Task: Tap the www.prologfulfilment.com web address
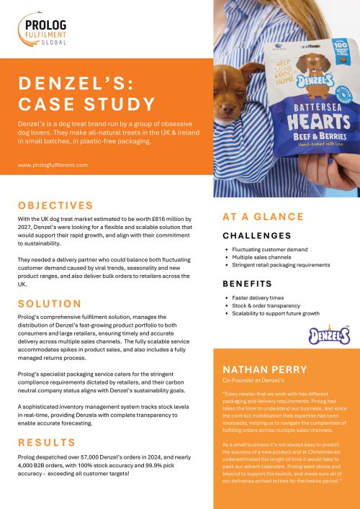point(53,164)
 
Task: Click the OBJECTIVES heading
point(55,205)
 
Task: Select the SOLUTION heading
point(49,303)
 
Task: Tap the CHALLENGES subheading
point(256,235)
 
